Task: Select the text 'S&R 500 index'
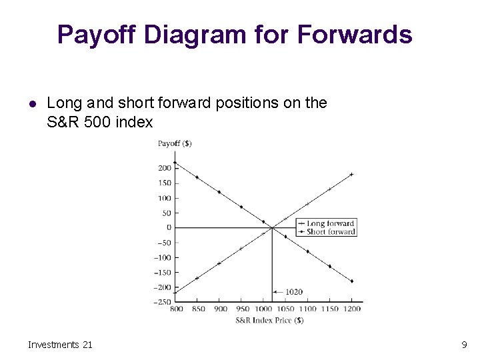coord(100,123)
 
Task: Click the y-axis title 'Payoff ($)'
coord(174,143)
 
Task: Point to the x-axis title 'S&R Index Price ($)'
coord(269,320)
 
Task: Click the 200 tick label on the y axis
coord(164,168)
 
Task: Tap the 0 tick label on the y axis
coord(169,228)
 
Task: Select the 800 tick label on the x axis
coord(177,309)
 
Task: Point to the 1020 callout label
coord(294,292)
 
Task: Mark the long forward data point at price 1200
coord(351,175)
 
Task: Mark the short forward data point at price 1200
coord(351,281)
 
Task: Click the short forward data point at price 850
coord(197,177)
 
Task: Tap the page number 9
coord(463,345)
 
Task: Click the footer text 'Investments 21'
coord(60,345)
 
